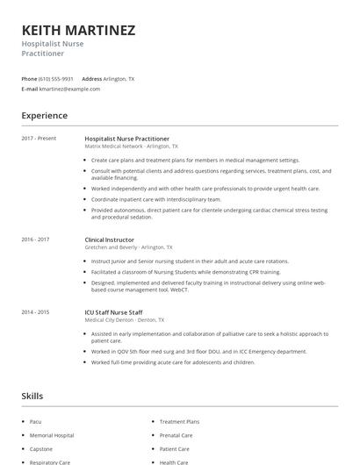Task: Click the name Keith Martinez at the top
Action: point(78,31)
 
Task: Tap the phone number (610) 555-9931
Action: point(56,79)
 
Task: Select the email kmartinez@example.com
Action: point(70,89)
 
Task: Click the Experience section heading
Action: point(44,116)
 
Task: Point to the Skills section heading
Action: point(32,397)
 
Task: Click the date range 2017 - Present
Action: point(39,138)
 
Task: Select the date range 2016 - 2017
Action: point(35,239)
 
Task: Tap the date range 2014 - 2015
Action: point(35,311)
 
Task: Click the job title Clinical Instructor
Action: point(111,239)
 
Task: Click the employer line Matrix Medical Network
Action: point(131,147)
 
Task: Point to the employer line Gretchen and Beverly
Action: point(128,247)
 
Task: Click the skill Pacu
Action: point(37,422)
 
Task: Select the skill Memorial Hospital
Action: point(52,435)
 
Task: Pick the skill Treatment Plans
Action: point(180,422)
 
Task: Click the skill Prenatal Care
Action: point(176,435)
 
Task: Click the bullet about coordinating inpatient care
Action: point(155,199)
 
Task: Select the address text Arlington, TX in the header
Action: point(119,79)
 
